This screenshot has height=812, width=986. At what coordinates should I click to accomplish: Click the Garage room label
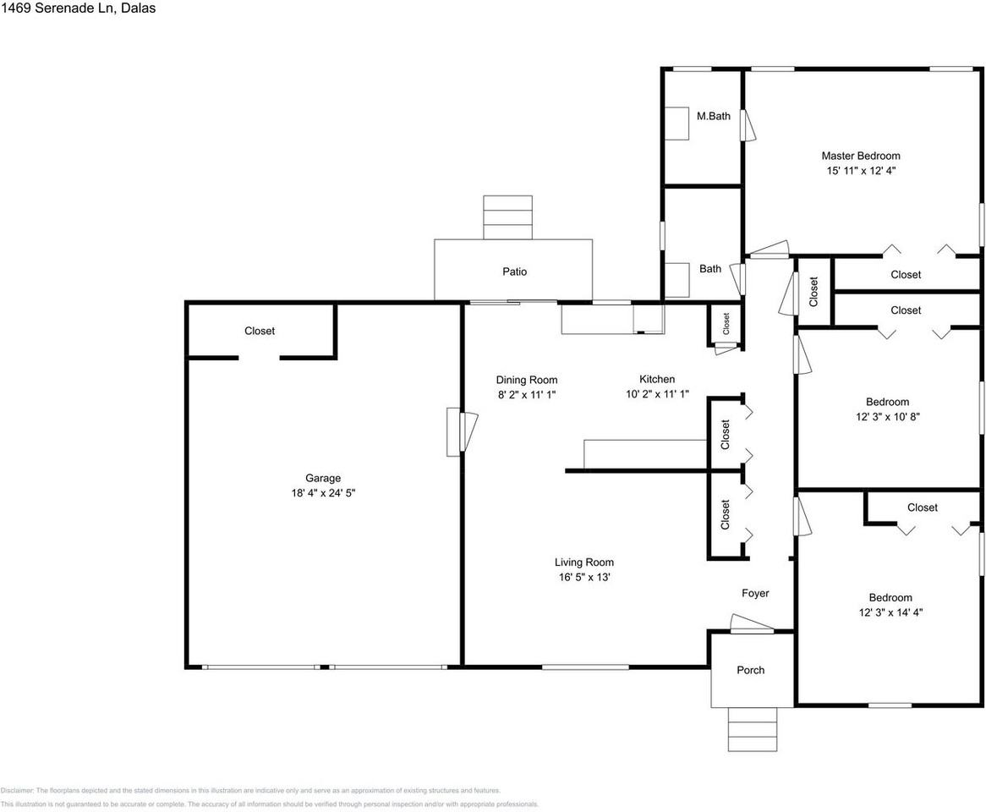[x=323, y=478]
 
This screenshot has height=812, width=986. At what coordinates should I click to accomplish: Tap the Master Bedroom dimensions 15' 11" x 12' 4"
[x=861, y=170]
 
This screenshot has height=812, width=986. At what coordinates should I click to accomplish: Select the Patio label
[x=514, y=272]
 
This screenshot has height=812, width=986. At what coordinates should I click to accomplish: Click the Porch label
[x=750, y=670]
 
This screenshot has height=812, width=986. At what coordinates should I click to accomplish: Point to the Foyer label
[x=755, y=593]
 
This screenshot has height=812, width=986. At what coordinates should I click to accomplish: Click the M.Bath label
[x=713, y=116]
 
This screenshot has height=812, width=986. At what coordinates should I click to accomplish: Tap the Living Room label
[x=583, y=562]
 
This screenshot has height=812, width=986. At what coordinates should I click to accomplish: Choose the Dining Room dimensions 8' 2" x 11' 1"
[x=526, y=394]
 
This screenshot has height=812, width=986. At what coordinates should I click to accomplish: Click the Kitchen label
[x=656, y=379]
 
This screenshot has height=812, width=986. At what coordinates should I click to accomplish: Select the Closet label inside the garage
[x=260, y=331]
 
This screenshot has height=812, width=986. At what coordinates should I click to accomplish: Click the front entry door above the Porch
[x=751, y=625]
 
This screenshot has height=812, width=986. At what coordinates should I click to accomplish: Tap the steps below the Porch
[x=752, y=728]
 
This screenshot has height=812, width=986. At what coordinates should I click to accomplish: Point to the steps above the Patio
[x=507, y=217]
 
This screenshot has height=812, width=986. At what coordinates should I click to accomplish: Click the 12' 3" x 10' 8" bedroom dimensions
[x=887, y=416]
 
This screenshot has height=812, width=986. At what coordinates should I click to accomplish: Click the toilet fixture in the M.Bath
[x=677, y=123]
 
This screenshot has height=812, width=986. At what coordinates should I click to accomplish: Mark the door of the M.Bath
[x=747, y=125]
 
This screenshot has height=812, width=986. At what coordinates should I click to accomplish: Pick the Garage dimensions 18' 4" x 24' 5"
[x=323, y=492]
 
